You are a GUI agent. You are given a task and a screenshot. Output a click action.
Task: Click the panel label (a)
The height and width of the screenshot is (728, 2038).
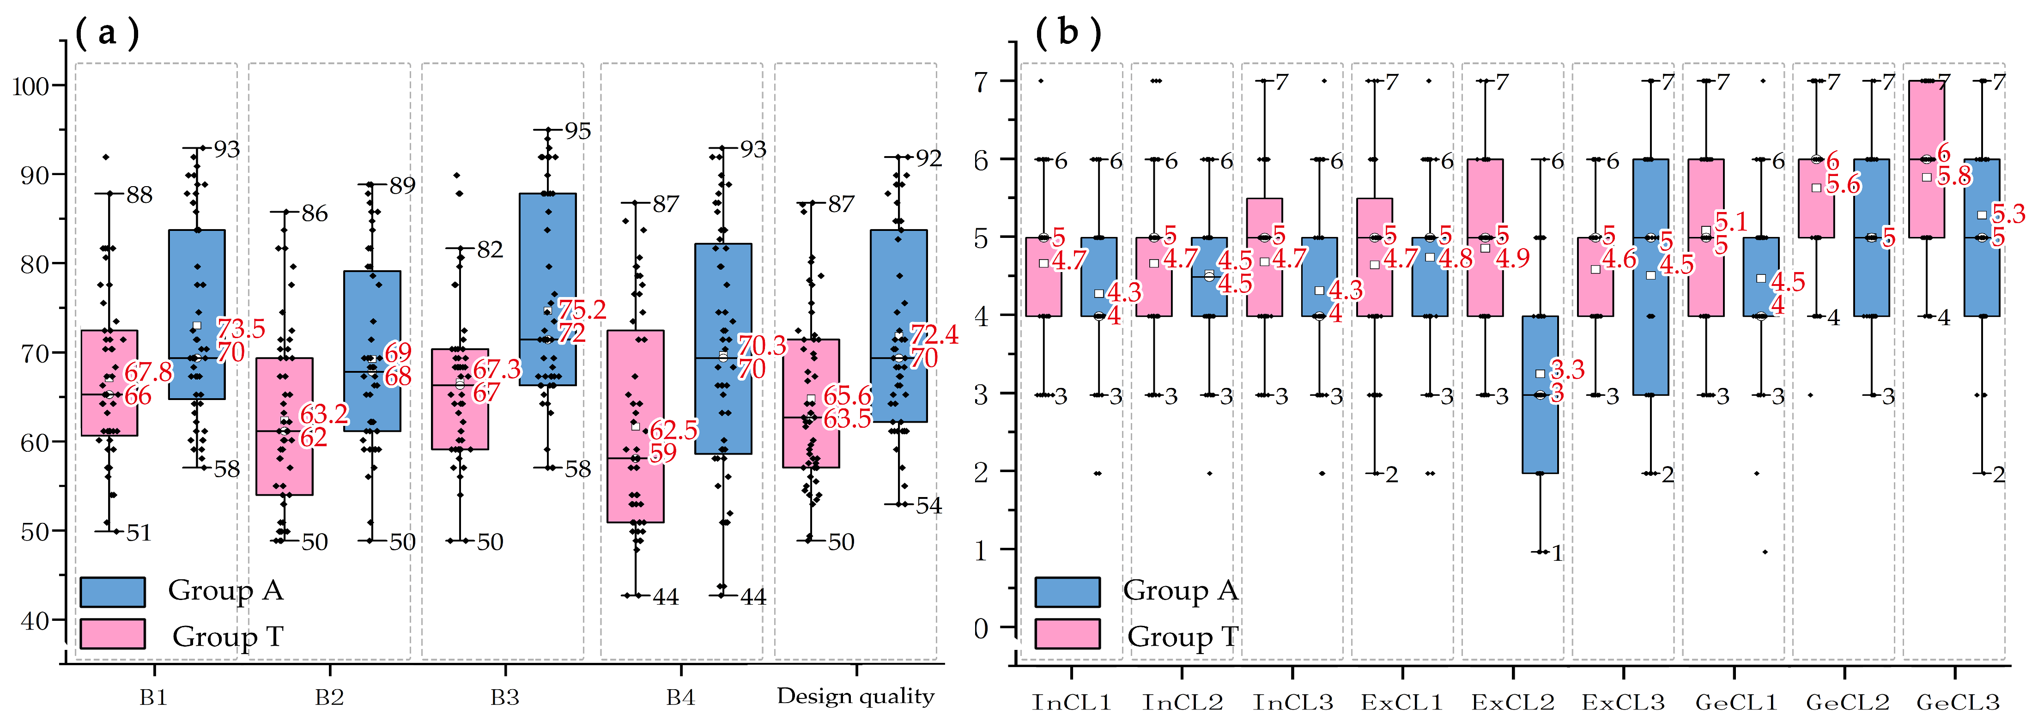pos(107,33)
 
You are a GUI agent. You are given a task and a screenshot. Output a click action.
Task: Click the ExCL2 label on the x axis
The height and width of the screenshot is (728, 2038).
pos(1513,702)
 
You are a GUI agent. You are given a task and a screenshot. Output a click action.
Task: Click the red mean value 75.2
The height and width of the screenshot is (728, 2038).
pos(582,309)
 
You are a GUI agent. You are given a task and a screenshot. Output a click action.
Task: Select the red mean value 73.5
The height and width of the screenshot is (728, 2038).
pos(241,328)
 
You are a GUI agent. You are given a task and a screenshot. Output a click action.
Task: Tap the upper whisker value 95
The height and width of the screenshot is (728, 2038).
pos(577,131)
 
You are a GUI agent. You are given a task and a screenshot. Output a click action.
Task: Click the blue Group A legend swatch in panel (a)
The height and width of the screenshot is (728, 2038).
pos(112,592)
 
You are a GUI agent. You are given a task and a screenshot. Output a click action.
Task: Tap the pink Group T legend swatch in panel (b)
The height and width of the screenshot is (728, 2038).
pos(1067,635)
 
